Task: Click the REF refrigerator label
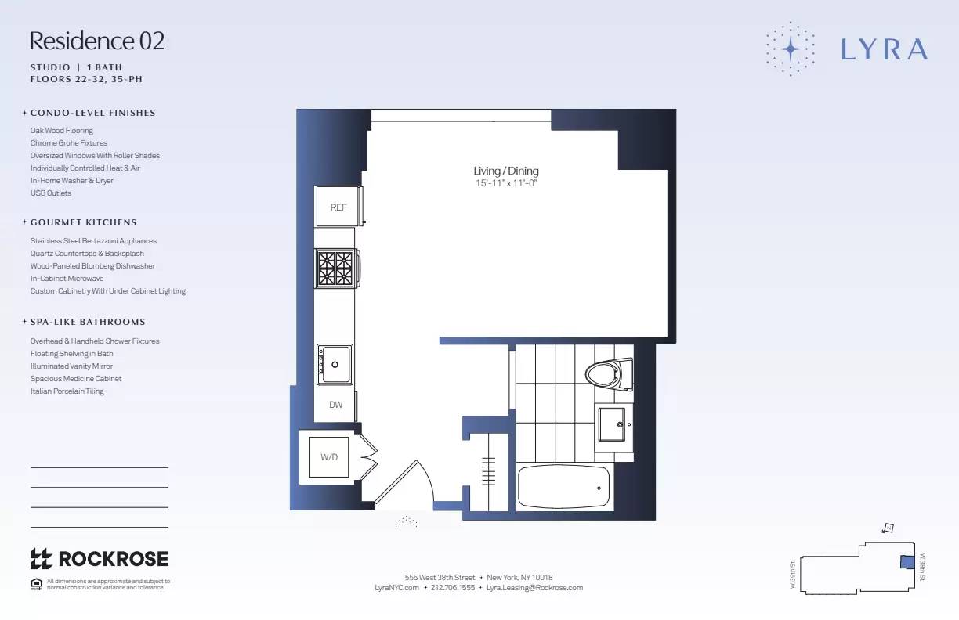(338, 207)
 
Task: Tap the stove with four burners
(335, 268)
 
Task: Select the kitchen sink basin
(335, 365)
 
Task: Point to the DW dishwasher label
(336, 405)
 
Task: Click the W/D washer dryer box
(329, 456)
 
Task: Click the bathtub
(563, 487)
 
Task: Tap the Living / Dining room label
(506, 171)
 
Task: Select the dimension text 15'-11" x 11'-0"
(506, 183)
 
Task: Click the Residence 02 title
(97, 41)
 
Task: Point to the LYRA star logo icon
(791, 49)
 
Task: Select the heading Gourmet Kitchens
(83, 222)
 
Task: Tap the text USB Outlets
(51, 193)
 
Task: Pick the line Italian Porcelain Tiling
(67, 391)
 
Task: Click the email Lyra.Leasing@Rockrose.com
(534, 587)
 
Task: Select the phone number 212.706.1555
(453, 587)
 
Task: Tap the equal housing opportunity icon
(35, 583)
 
